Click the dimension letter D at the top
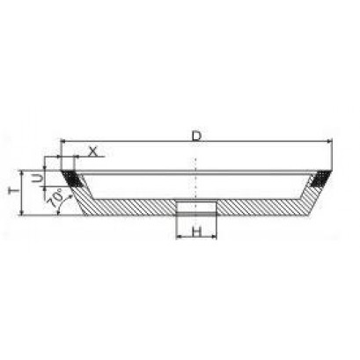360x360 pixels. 196,136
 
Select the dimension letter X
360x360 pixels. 92,151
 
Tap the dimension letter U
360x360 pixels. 37,178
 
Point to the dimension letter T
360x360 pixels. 13,191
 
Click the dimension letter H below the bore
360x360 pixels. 197,231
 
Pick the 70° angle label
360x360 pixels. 55,199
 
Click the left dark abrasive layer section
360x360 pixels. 71,179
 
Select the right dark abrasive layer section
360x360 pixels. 320,179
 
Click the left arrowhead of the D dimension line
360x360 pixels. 62,142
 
